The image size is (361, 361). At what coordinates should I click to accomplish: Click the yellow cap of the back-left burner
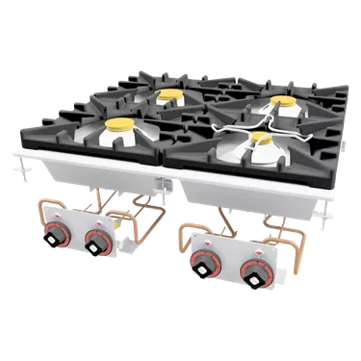click(x=169, y=94)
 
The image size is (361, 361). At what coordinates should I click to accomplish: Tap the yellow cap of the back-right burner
click(x=282, y=100)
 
